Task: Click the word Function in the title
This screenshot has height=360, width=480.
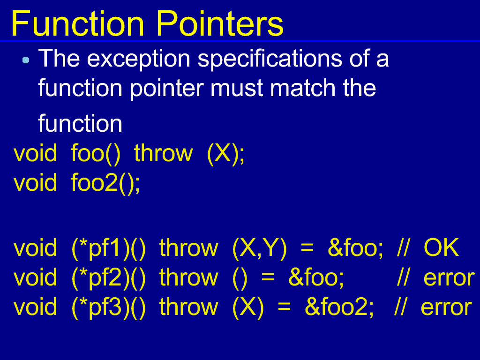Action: pyautogui.click(x=77, y=23)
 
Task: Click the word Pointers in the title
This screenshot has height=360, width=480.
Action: pyautogui.click(x=220, y=23)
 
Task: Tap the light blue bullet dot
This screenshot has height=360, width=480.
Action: pyautogui.click(x=26, y=60)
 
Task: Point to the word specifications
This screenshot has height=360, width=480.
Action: pyautogui.click(x=270, y=59)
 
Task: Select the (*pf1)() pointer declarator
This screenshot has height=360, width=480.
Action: pyautogui.click(x=109, y=248)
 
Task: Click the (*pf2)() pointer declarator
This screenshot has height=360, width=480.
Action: pyautogui.click(x=109, y=277)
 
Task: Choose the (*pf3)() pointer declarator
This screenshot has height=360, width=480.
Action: pyautogui.click(x=109, y=307)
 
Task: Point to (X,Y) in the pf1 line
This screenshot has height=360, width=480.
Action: pyautogui.click(x=260, y=248)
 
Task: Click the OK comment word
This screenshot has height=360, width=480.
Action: pyautogui.click(x=441, y=247)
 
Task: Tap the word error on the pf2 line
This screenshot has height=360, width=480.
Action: pyautogui.click(x=449, y=278)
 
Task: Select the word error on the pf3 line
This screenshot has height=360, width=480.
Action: pyautogui.click(x=446, y=307)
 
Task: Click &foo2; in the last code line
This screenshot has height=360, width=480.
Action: pyautogui.click(x=339, y=307)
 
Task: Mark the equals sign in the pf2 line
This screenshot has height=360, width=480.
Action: pyautogui.click(x=268, y=278)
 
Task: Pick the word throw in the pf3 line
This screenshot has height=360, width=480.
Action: pyautogui.click(x=188, y=307)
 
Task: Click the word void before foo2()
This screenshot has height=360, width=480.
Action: pyautogui.click(x=35, y=183)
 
